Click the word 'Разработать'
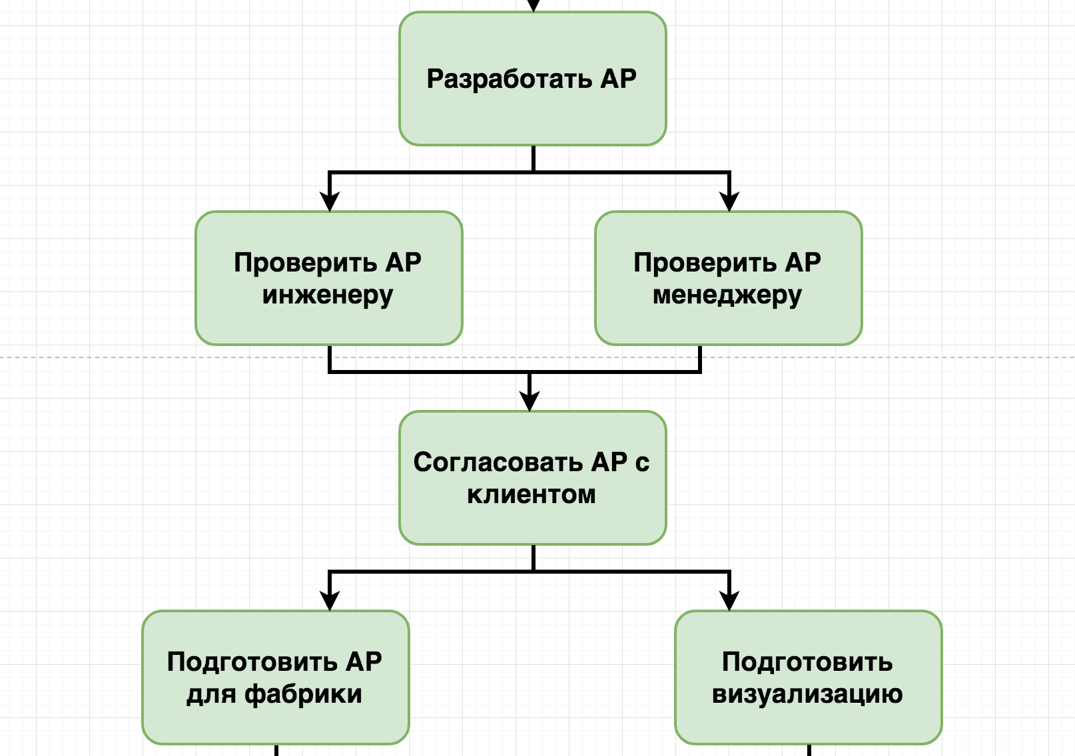510,79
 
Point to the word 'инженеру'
328,295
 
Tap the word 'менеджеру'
727,295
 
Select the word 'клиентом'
532,494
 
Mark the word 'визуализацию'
807,694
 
